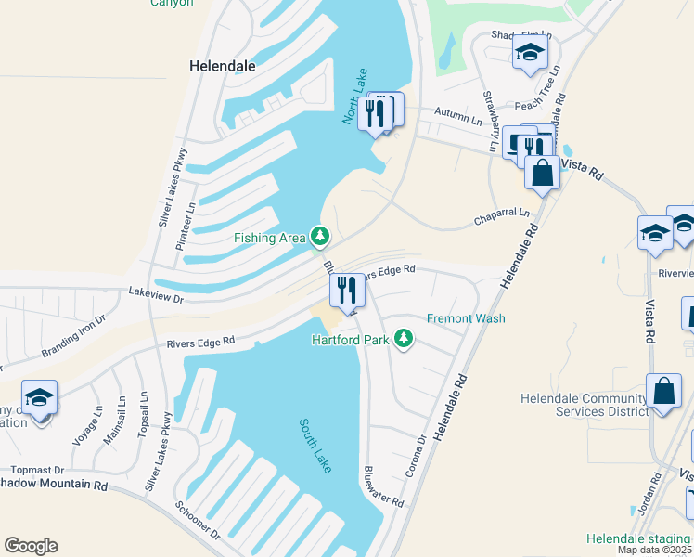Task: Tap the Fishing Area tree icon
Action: pyautogui.click(x=320, y=238)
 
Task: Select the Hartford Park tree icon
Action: pyautogui.click(x=403, y=339)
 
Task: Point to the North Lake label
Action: pyautogui.click(x=355, y=97)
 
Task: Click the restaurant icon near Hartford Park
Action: pyautogui.click(x=347, y=291)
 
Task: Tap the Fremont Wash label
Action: pyautogui.click(x=466, y=318)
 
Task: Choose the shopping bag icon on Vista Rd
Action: pyautogui.click(x=542, y=173)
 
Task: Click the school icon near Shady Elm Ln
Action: pyautogui.click(x=529, y=52)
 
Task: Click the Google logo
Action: pyautogui.click(x=31, y=546)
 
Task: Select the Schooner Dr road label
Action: pyautogui.click(x=197, y=522)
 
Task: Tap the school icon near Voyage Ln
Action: pyautogui.click(x=39, y=399)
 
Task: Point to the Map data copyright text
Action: pyautogui.click(x=655, y=550)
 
